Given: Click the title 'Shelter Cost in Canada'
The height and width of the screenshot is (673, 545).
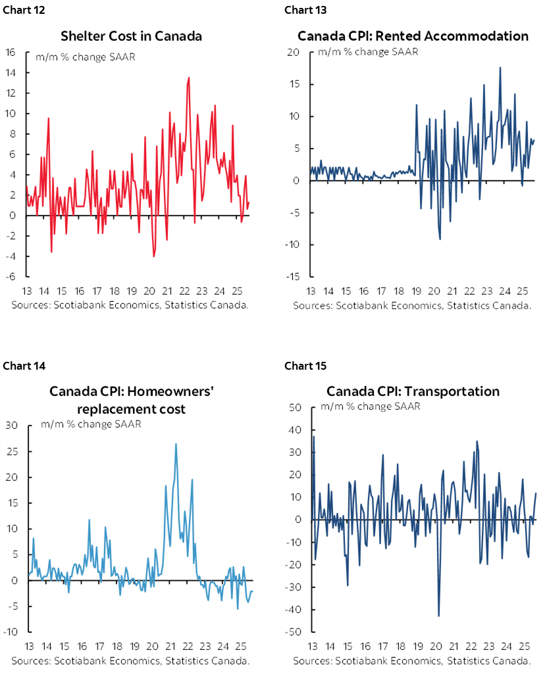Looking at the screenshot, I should tap(131, 36).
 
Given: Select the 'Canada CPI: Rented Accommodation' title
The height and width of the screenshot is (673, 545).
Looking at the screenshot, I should tap(413, 36).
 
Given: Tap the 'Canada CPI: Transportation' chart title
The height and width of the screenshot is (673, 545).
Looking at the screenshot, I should tap(413, 391).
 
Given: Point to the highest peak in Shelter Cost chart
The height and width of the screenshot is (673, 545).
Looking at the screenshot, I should tap(189, 78).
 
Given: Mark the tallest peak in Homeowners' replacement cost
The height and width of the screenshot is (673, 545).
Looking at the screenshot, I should tap(176, 443).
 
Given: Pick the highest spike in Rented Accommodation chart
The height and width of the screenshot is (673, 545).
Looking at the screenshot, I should tap(500, 67).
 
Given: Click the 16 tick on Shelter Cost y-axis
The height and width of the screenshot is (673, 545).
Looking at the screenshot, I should tap(11, 53).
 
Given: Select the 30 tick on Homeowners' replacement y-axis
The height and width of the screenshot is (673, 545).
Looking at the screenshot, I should tap(11, 426).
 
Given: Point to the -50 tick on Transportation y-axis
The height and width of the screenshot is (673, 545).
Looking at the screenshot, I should tap(294, 632).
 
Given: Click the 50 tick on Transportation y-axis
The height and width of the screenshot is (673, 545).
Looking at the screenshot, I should tap(296, 407).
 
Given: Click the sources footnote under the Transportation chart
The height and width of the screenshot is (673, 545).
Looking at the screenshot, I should tap(412, 660).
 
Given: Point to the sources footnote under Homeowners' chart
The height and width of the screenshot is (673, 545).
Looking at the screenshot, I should tap(130, 660).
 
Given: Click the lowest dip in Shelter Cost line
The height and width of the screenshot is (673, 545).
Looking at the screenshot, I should tap(153, 256).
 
